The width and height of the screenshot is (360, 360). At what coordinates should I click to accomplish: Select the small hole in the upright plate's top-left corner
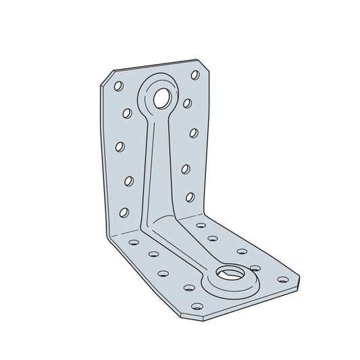coord(118,86)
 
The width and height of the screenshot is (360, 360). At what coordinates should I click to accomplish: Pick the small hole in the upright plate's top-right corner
coord(195,74)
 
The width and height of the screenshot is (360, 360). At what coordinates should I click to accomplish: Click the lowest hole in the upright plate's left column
coord(124,212)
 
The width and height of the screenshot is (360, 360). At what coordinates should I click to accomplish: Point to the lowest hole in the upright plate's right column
coord(190,197)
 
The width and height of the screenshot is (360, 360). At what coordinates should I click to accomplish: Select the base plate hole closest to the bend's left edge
coord(133,241)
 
